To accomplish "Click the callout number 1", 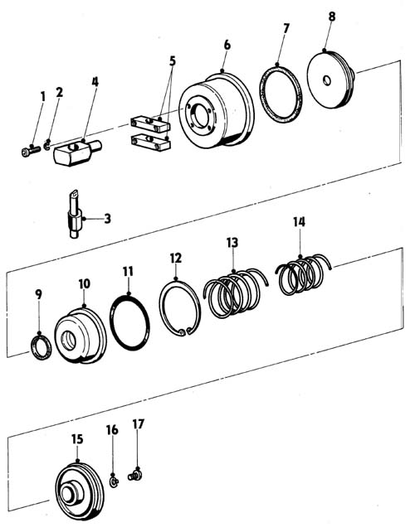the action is tap(43, 96).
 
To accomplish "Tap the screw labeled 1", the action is tap(31, 152).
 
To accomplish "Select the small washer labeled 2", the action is tap(48, 147).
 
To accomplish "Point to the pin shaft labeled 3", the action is tap(76, 214).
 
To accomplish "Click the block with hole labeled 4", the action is tap(77, 153).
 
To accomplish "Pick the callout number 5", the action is tap(173, 61).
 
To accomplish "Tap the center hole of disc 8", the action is tap(327, 80).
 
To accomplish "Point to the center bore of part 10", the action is tap(69, 341).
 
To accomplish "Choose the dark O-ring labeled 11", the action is tap(129, 322).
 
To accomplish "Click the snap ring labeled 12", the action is tap(180, 308).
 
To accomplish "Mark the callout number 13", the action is tap(232, 243).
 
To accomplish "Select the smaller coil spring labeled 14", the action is tap(303, 275).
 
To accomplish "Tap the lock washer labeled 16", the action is tap(115, 481).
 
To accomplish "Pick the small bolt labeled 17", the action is tap(135, 476).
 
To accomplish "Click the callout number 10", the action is tap(85, 283).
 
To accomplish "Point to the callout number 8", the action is tap(332, 17).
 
